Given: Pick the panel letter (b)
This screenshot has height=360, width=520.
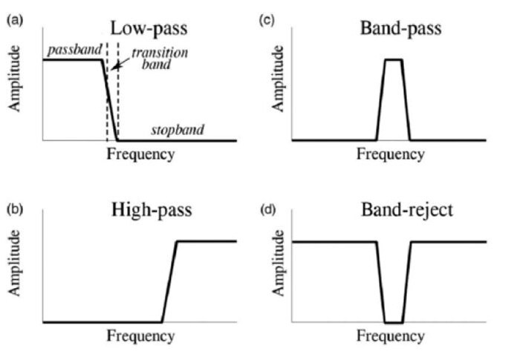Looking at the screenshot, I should click(13, 209).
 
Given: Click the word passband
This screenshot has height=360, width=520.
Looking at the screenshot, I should click(72, 50).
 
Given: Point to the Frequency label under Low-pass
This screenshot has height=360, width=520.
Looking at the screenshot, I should click(141, 154).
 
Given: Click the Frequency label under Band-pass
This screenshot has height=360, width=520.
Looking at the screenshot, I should click(391, 154).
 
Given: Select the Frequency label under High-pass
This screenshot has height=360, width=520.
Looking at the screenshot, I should click(141, 336).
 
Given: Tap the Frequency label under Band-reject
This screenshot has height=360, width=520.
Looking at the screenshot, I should click(391, 336).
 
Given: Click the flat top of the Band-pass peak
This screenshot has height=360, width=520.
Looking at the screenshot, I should click(394, 59).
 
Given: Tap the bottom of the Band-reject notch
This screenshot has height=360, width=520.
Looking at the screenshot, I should click(394, 322).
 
